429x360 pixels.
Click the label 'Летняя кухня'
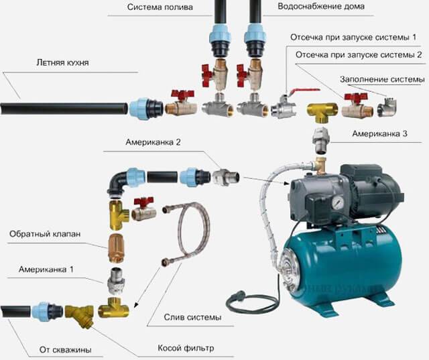click(x=62, y=63)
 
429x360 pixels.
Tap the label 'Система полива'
click(x=160, y=7)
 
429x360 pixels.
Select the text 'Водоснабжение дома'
click(x=321, y=6)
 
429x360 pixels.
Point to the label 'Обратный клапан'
click(x=45, y=234)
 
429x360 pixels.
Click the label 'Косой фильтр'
click(x=186, y=348)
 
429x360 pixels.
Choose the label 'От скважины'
click(x=66, y=350)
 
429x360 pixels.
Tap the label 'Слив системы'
click(x=192, y=317)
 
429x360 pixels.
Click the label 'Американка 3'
click(x=379, y=134)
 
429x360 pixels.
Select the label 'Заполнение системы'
click(x=382, y=80)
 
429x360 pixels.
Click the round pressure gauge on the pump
click(x=336, y=202)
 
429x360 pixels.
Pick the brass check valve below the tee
click(x=116, y=249)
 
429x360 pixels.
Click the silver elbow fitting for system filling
click(x=387, y=107)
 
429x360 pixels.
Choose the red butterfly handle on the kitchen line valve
click(x=182, y=95)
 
